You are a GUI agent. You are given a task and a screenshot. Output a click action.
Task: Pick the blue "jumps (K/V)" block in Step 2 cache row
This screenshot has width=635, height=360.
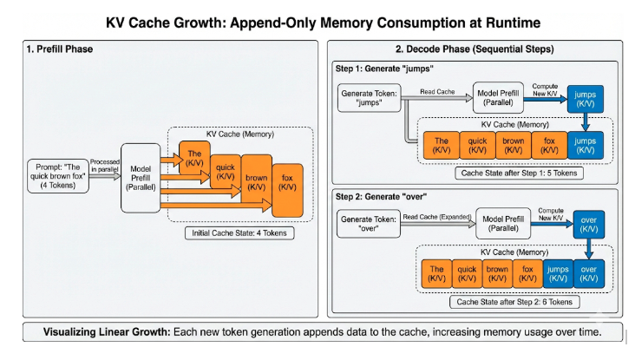point(558,275)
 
